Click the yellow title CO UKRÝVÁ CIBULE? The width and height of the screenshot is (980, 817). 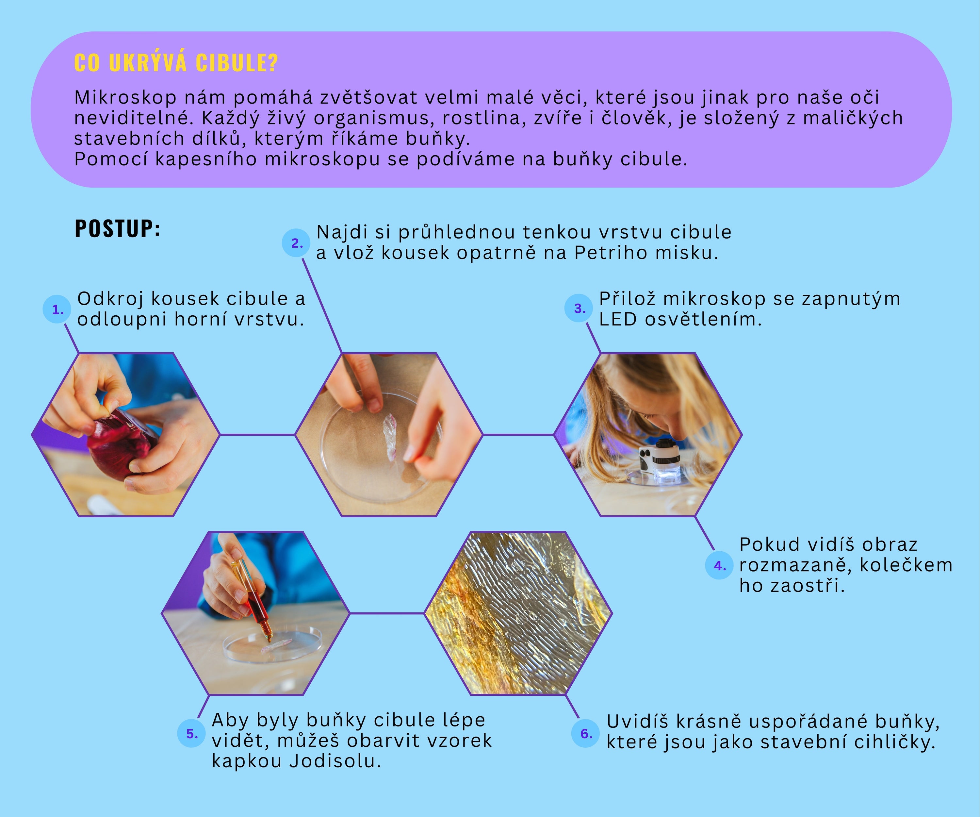click(x=176, y=62)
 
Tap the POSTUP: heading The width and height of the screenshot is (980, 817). click(x=118, y=229)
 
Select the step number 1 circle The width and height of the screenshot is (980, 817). click(x=57, y=309)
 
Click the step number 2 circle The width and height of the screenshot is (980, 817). click(x=296, y=243)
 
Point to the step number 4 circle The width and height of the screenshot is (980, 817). click(x=720, y=565)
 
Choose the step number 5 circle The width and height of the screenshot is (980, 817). click(x=192, y=733)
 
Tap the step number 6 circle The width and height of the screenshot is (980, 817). click(x=586, y=733)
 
